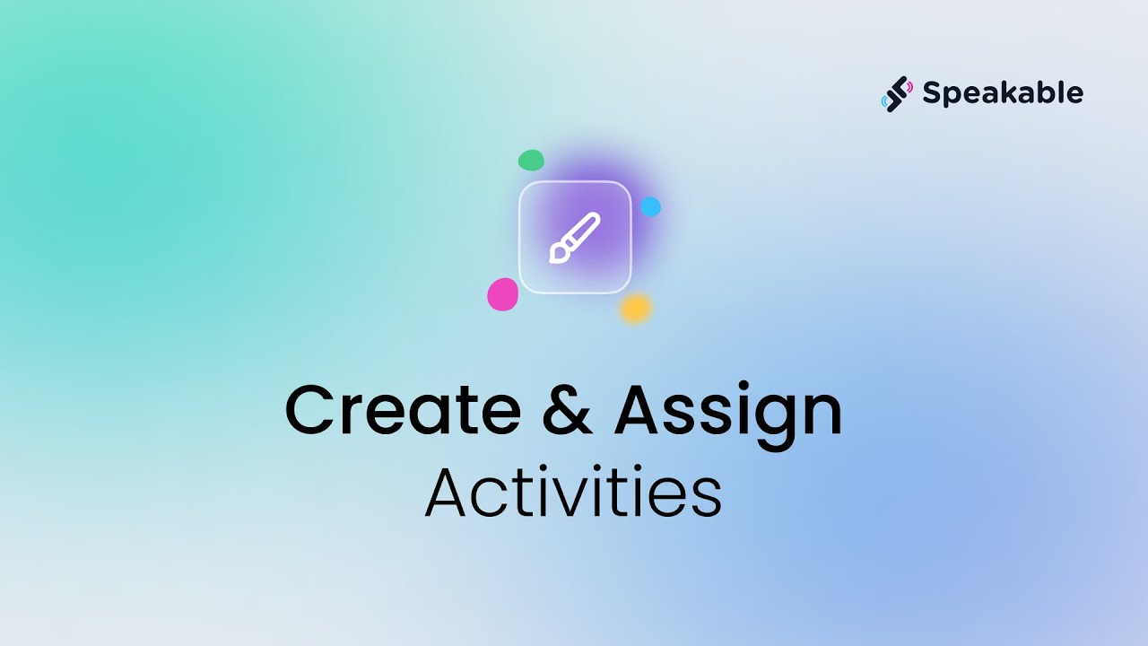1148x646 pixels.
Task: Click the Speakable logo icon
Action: tap(897, 92)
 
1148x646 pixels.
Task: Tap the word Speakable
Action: tap(1003, 92)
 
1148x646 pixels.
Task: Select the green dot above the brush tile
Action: tap(531, 161)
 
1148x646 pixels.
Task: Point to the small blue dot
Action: tap(650, 207)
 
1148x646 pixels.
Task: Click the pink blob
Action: tap(502, 294)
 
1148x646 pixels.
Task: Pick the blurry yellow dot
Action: tap(635, 309)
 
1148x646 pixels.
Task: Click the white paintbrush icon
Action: tap(574, 238)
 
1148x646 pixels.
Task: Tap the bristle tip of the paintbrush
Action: tap(557, 256)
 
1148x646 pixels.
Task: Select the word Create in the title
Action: tap(403, 411)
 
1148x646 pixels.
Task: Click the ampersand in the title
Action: tap(568, 411)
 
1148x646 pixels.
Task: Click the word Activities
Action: tap(573, 493)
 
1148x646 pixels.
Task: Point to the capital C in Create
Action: tap(310, 411)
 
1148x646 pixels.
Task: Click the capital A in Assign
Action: tap(643, 411)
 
